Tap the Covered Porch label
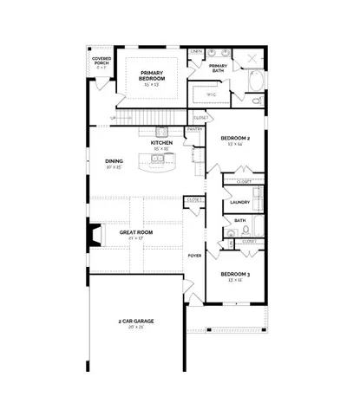click(x=101, y=63)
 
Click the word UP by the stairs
click(x=113, y=119)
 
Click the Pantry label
click(x=195, y=130)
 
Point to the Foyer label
click(x=195, y=257)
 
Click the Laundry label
click(x=239, y=202)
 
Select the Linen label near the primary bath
click(x=197, y=52)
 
